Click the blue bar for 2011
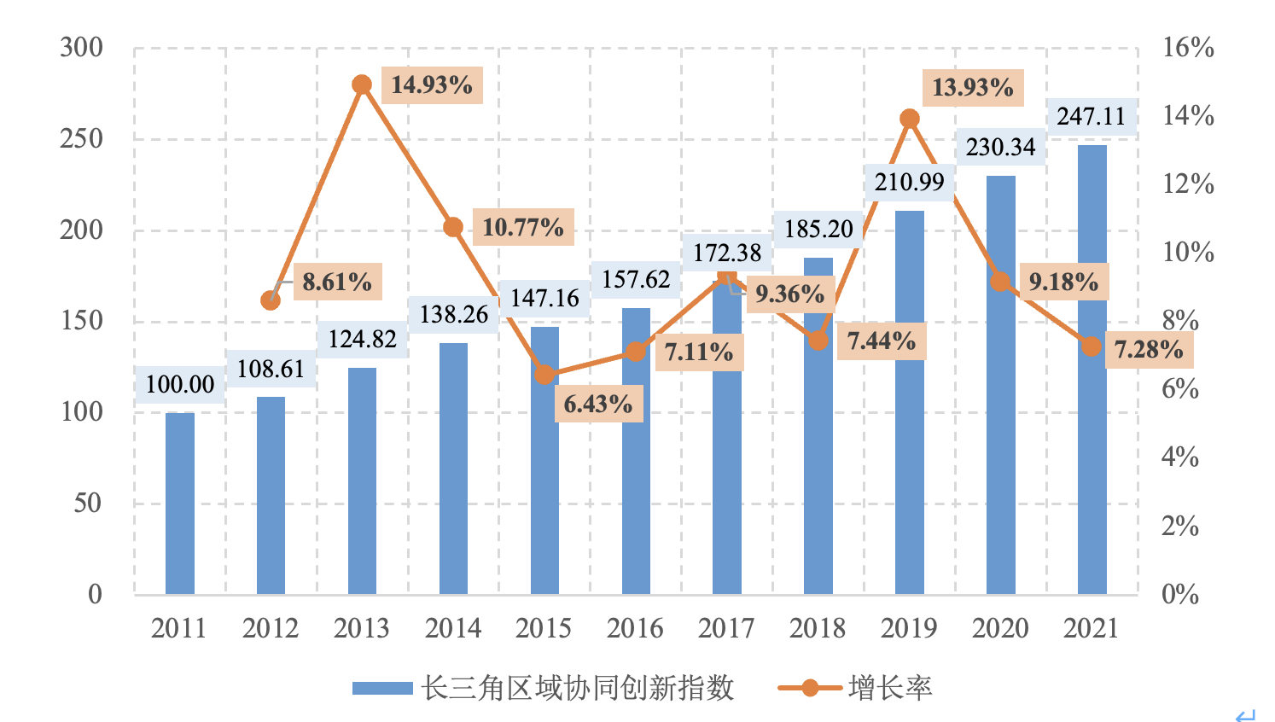click(x=180, y=504)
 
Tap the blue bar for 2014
click(x=453, y=469)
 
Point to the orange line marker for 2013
click(x=362, y=84)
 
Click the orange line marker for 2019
click(x=910, y=119)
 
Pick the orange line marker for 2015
click(x=544, y=375)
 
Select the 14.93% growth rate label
click(x=432, y=85)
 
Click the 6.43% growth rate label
click(x=598, y=404)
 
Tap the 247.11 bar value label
click(x=1092, y=116)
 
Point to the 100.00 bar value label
click(x=180, y=385)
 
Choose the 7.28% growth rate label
click(x=1149, y=350)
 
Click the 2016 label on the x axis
click(x=635, y=629)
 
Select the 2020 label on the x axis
click(x=1000, y=629)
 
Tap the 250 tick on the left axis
click(x=81, y=139)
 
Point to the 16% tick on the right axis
click(x=1188, y=48)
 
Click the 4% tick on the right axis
click(x=1180, y=457)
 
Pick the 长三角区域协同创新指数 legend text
click(x=578, y=688)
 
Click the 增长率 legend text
click(x=890, y=688)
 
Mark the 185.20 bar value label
click(x=818, y=229)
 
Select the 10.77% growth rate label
click(x=523, y=227)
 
